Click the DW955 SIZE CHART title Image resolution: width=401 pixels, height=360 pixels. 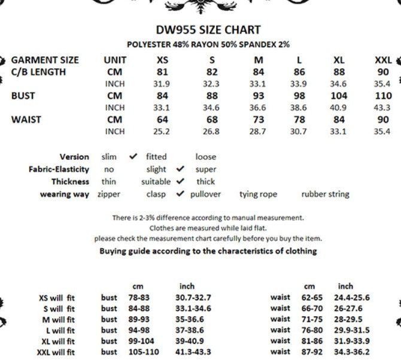pos(208,30)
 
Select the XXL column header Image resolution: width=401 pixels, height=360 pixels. pos(383,60)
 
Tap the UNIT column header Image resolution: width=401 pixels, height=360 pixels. pos(115,60)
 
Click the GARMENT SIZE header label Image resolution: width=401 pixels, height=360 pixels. pos(45,60)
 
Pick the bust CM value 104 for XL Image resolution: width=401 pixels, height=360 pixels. pos(338,96)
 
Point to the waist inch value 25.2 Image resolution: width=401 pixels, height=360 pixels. pos(162,131)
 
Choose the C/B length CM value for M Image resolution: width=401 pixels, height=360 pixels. pos(257,72)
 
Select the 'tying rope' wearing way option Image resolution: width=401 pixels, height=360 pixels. pos(258,194)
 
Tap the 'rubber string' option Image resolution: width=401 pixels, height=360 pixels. pos(325,194)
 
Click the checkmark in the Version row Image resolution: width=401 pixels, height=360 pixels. pos(133,157)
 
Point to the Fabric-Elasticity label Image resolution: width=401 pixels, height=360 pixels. pos(59,170)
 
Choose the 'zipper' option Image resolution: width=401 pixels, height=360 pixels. pos(109,194)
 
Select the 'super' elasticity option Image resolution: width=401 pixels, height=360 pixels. pos(205,170)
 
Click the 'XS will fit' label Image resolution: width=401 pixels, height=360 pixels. pos(56,298)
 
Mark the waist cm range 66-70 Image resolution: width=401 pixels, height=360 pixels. pos(311,308)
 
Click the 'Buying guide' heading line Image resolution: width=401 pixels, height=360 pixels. pos(208,251)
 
